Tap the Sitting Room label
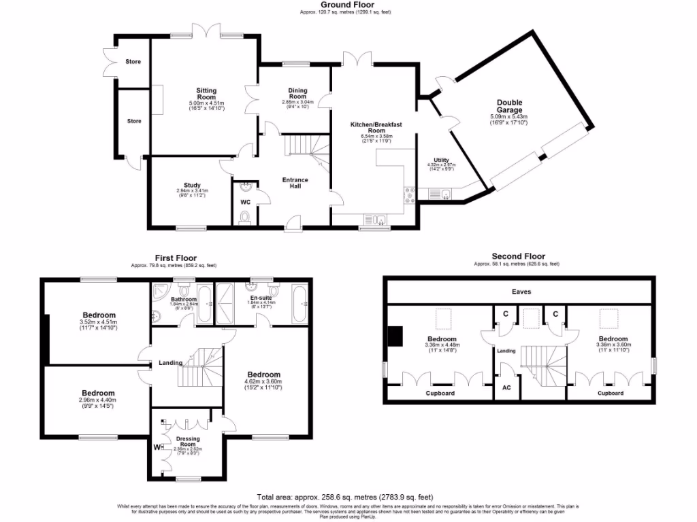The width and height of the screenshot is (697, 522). coord(206,94)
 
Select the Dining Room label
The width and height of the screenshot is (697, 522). coord(297,94)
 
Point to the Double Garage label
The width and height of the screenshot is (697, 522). coord(509,106)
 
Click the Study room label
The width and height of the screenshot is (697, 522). coord(192,185)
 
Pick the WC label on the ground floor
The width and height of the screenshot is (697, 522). coord(245,202)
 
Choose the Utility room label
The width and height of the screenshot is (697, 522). coord(441,160)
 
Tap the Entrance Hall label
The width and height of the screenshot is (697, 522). coord(295,184)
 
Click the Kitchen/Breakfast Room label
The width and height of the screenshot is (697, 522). coord(373,128)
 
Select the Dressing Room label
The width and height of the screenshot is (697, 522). coord(187,442)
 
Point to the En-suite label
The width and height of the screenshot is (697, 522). coord(261,298)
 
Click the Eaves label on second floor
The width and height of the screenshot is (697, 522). coord(521,292)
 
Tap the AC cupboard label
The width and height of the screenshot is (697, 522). coord(506,387)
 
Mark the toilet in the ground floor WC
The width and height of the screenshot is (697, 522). coord(245,217)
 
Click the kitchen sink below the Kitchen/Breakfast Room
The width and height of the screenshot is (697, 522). coord(376,219)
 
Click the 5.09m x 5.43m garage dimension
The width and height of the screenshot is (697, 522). coord(508,117)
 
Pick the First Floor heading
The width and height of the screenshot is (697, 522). coord(176,258)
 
